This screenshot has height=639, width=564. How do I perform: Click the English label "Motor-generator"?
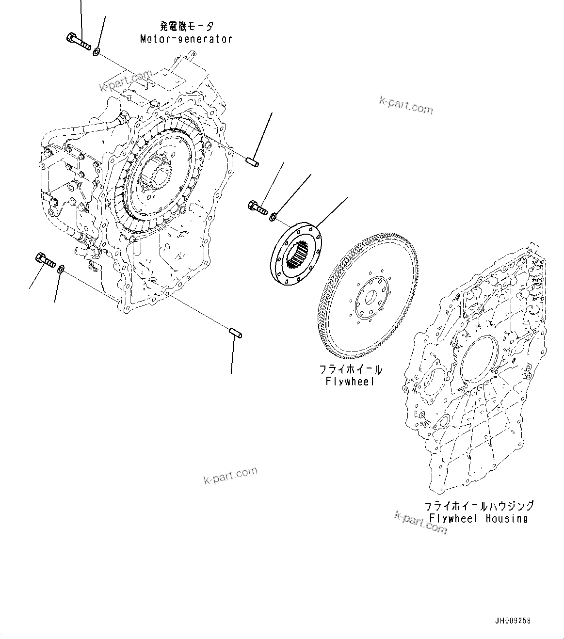coord(186,39)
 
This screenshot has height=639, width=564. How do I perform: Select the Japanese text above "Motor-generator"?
coord(186,26)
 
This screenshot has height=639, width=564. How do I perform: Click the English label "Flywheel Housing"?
coord(478,518)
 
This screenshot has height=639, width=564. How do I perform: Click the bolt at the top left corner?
coord(77,41)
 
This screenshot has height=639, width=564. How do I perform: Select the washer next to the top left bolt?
coord(97,51)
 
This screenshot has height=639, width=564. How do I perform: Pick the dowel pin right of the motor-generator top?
coord(252,161)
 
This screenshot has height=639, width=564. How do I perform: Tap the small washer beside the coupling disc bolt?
coord(273,216)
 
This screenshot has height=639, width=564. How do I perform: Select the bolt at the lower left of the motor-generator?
coord(45,260)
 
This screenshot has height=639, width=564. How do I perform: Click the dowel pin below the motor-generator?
coord(236,334)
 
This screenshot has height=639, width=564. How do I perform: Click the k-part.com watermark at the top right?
coord(406,105)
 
